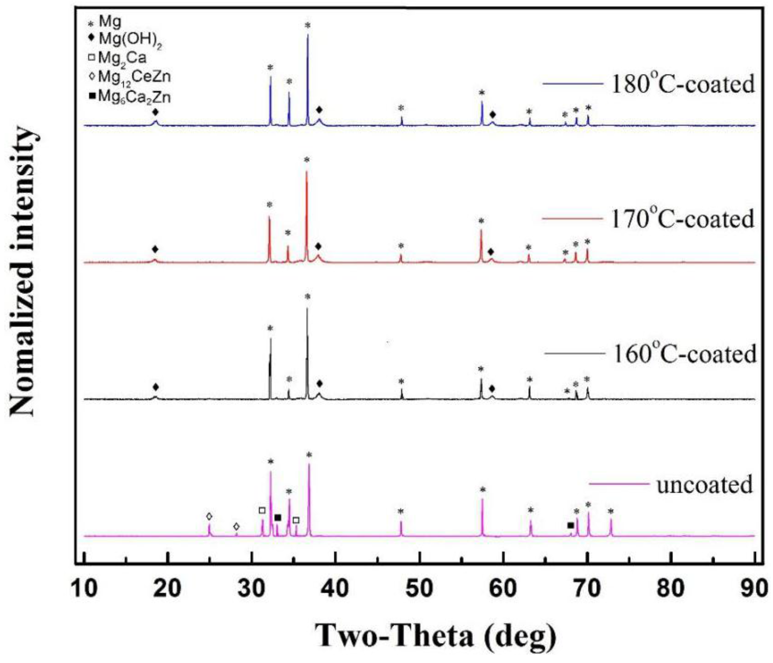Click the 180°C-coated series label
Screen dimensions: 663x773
coord(682,84)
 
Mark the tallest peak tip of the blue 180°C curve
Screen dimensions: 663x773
coord(308,35)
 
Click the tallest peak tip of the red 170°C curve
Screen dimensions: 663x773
coord(307,171)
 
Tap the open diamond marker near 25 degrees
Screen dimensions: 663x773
coord(209,517)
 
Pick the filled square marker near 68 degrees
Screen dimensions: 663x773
coord(570,526)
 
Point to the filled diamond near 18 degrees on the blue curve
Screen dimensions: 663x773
coord(155,112)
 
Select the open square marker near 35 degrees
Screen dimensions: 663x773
coord(296,520)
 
